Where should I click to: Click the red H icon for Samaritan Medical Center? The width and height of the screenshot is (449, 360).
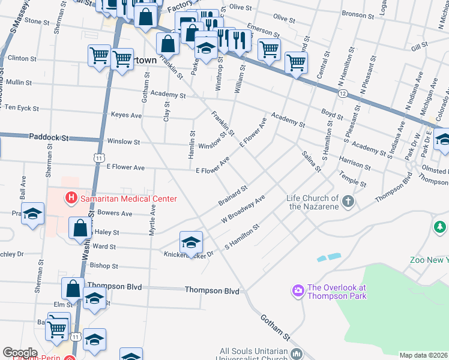pyautogui.click(x=71, y=197)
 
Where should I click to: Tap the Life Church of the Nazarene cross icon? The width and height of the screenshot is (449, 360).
pyautogui.click(x=348, y=202)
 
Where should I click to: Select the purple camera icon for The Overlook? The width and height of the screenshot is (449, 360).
pyautogui.click(x=298, y=291)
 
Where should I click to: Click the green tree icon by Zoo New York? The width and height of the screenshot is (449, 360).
pyautogui.click(x=439, y=227)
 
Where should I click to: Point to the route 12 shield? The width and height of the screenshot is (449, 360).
pyautogui.click(x=342, y=94)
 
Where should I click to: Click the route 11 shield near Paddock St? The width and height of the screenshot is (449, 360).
pyautogui.click(x=98, y=157)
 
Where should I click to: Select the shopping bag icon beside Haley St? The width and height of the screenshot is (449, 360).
pyautogui.click(x=80, y=228)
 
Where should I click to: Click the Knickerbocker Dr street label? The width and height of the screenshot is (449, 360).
pyautogui.click(x=189, y=254)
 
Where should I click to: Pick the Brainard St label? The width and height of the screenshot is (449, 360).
pyautogui.click(x=233, y=196)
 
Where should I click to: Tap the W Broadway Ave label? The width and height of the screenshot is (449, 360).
pyautogui.click(x=243, y=209)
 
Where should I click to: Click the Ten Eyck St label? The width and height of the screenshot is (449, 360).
pyautogui.click(x=22, y=109)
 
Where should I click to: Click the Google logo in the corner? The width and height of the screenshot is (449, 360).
pyautogui.click(x=20, y=352)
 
